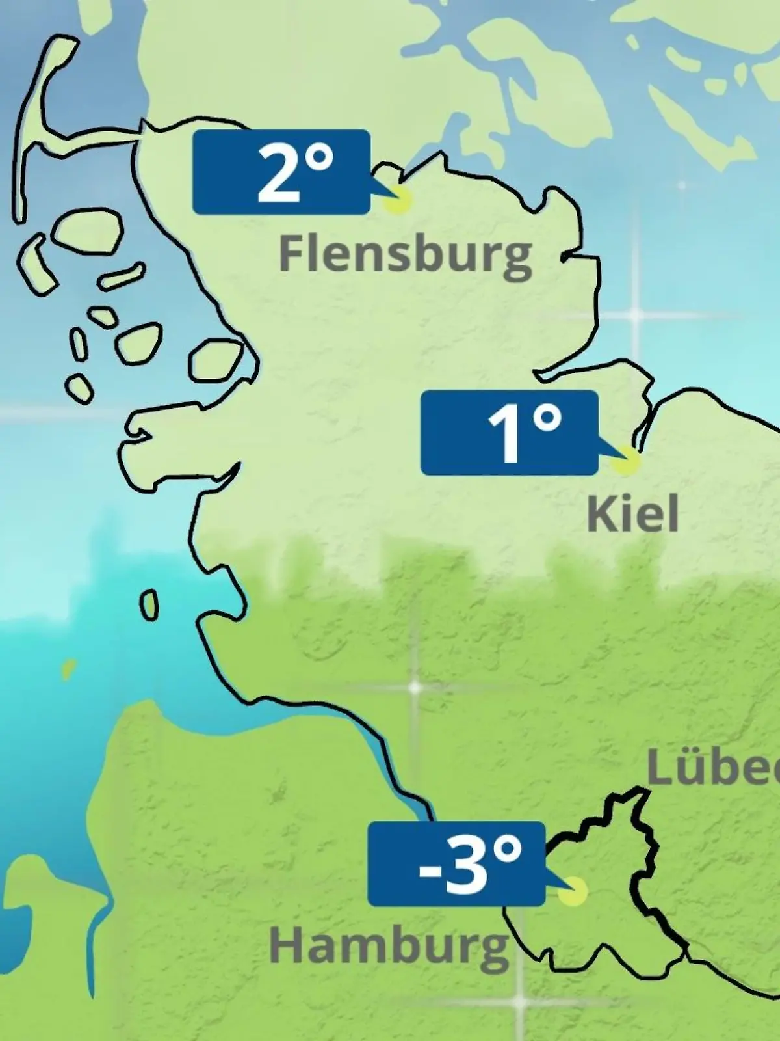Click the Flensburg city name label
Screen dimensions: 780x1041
[x=405, y=254]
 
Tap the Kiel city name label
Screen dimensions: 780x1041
[x=632, y=514]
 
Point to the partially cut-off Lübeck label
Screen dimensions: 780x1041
[x=714, y=770]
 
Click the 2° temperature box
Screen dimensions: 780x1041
[x=281, y=172]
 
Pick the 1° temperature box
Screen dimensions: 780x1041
[x=509, y=433]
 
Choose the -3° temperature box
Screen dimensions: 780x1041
[x=456, y=863]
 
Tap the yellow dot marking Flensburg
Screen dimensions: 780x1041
[x=397, y=201]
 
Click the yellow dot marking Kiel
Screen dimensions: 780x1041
[x=627, y=461]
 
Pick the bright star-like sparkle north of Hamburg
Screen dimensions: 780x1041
[x=414, y=687]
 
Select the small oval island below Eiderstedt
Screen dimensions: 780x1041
[x=149, y=606]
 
